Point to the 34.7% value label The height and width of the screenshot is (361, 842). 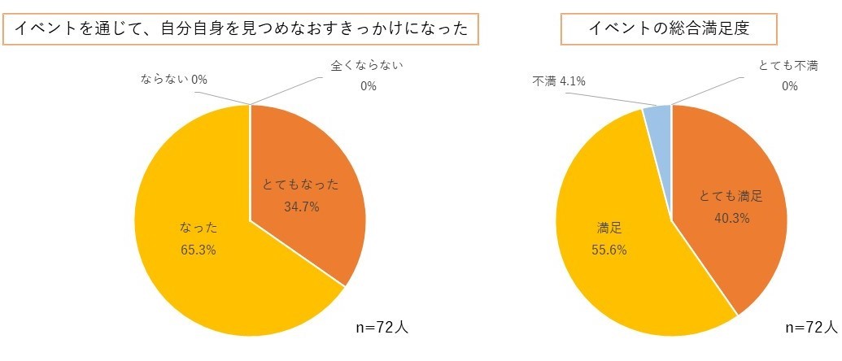pos(301,207)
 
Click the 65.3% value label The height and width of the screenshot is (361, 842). pos(198,250)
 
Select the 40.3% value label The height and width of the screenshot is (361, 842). pos(731,218)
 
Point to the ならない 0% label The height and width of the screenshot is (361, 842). pos(174,80)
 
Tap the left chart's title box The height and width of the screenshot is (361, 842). pos(242,28)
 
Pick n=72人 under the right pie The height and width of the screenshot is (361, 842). pos(811,328)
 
